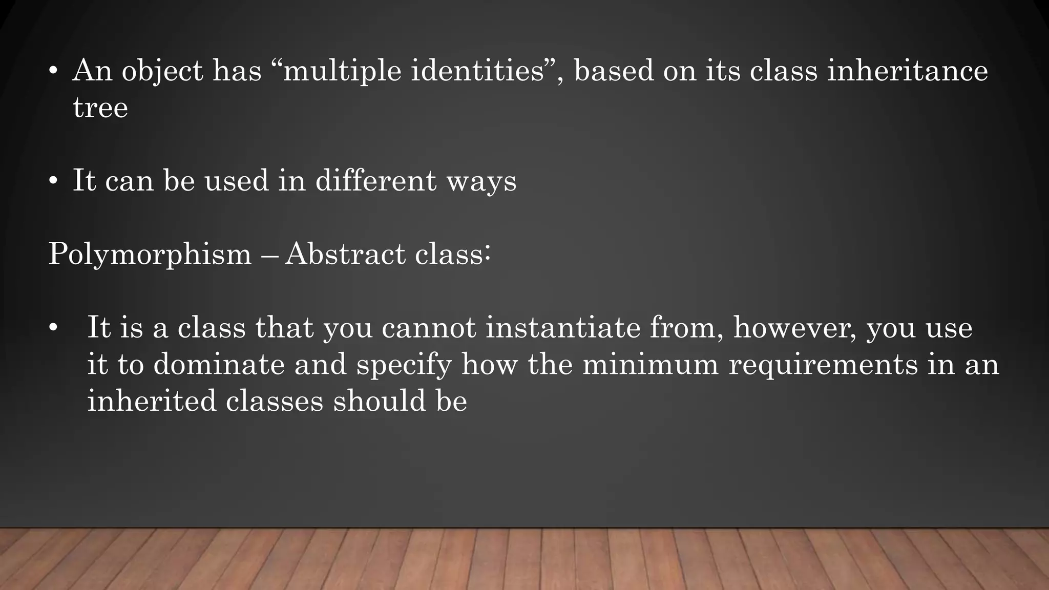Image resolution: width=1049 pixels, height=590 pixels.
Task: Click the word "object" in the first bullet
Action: (162, 71)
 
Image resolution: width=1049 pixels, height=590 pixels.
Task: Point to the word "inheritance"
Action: (907, 71)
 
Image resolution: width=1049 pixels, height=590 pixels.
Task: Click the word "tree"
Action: (100, 108)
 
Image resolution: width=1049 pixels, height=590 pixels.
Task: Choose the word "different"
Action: (376, 181)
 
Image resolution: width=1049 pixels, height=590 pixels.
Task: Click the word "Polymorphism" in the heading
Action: (150, 254)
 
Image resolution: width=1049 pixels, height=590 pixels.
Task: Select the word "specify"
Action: (404, 365)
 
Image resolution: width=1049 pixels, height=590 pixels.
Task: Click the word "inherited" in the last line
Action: (152, 401)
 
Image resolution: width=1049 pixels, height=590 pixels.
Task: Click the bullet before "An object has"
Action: (53, 71)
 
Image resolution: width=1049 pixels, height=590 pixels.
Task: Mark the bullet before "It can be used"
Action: (53, 181)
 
